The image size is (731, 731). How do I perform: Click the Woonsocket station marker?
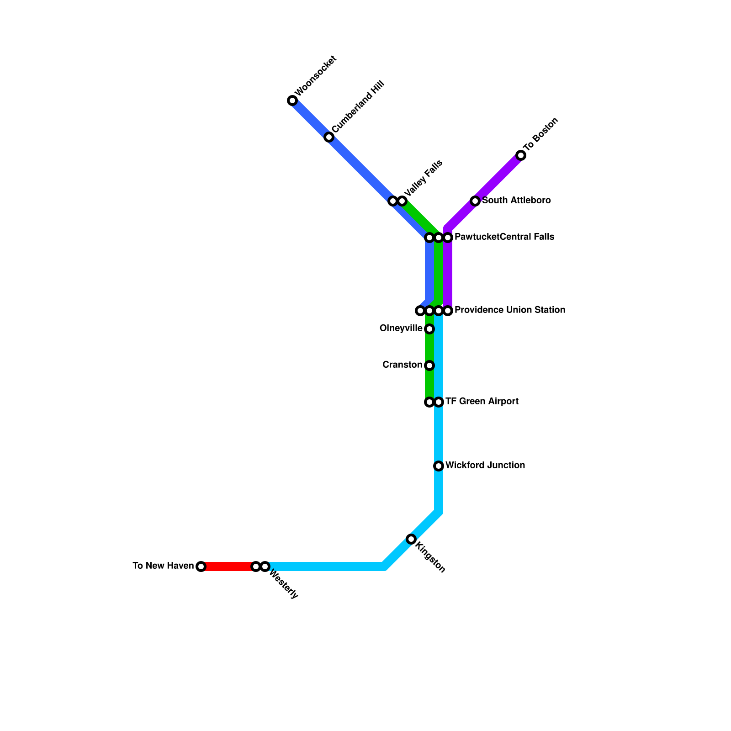(x=292, y=101)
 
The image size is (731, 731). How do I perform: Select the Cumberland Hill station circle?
(x=329, y=137)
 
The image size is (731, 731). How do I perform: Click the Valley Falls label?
(x=424, y=177)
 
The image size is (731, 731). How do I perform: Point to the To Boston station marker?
(x=521, y=155)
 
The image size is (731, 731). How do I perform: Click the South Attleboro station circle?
(x=475, y=201)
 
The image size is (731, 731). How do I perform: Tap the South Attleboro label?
(x=516, y=201)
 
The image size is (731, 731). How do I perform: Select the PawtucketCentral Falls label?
(x=504, y=237)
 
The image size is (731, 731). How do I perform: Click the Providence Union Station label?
(x=510, y=310)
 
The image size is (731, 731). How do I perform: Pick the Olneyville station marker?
(x=429, y=329)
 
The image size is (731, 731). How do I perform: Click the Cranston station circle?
(x=429, y=365)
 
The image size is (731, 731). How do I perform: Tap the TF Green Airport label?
(x=482, y=402)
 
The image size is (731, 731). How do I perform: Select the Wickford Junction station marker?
(x=439, y=466)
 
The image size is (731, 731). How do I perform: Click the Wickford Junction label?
(x=485, y=466)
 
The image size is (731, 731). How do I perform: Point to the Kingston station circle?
(x=411, y=539)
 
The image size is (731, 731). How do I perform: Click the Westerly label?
(x=284, y=584)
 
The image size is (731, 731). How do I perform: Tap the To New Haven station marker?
(x=201, y=567)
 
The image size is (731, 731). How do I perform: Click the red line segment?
(x=228, y=567)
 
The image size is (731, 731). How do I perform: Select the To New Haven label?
(x=163, y=566)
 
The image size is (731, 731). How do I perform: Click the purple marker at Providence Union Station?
(x=448, y=311)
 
